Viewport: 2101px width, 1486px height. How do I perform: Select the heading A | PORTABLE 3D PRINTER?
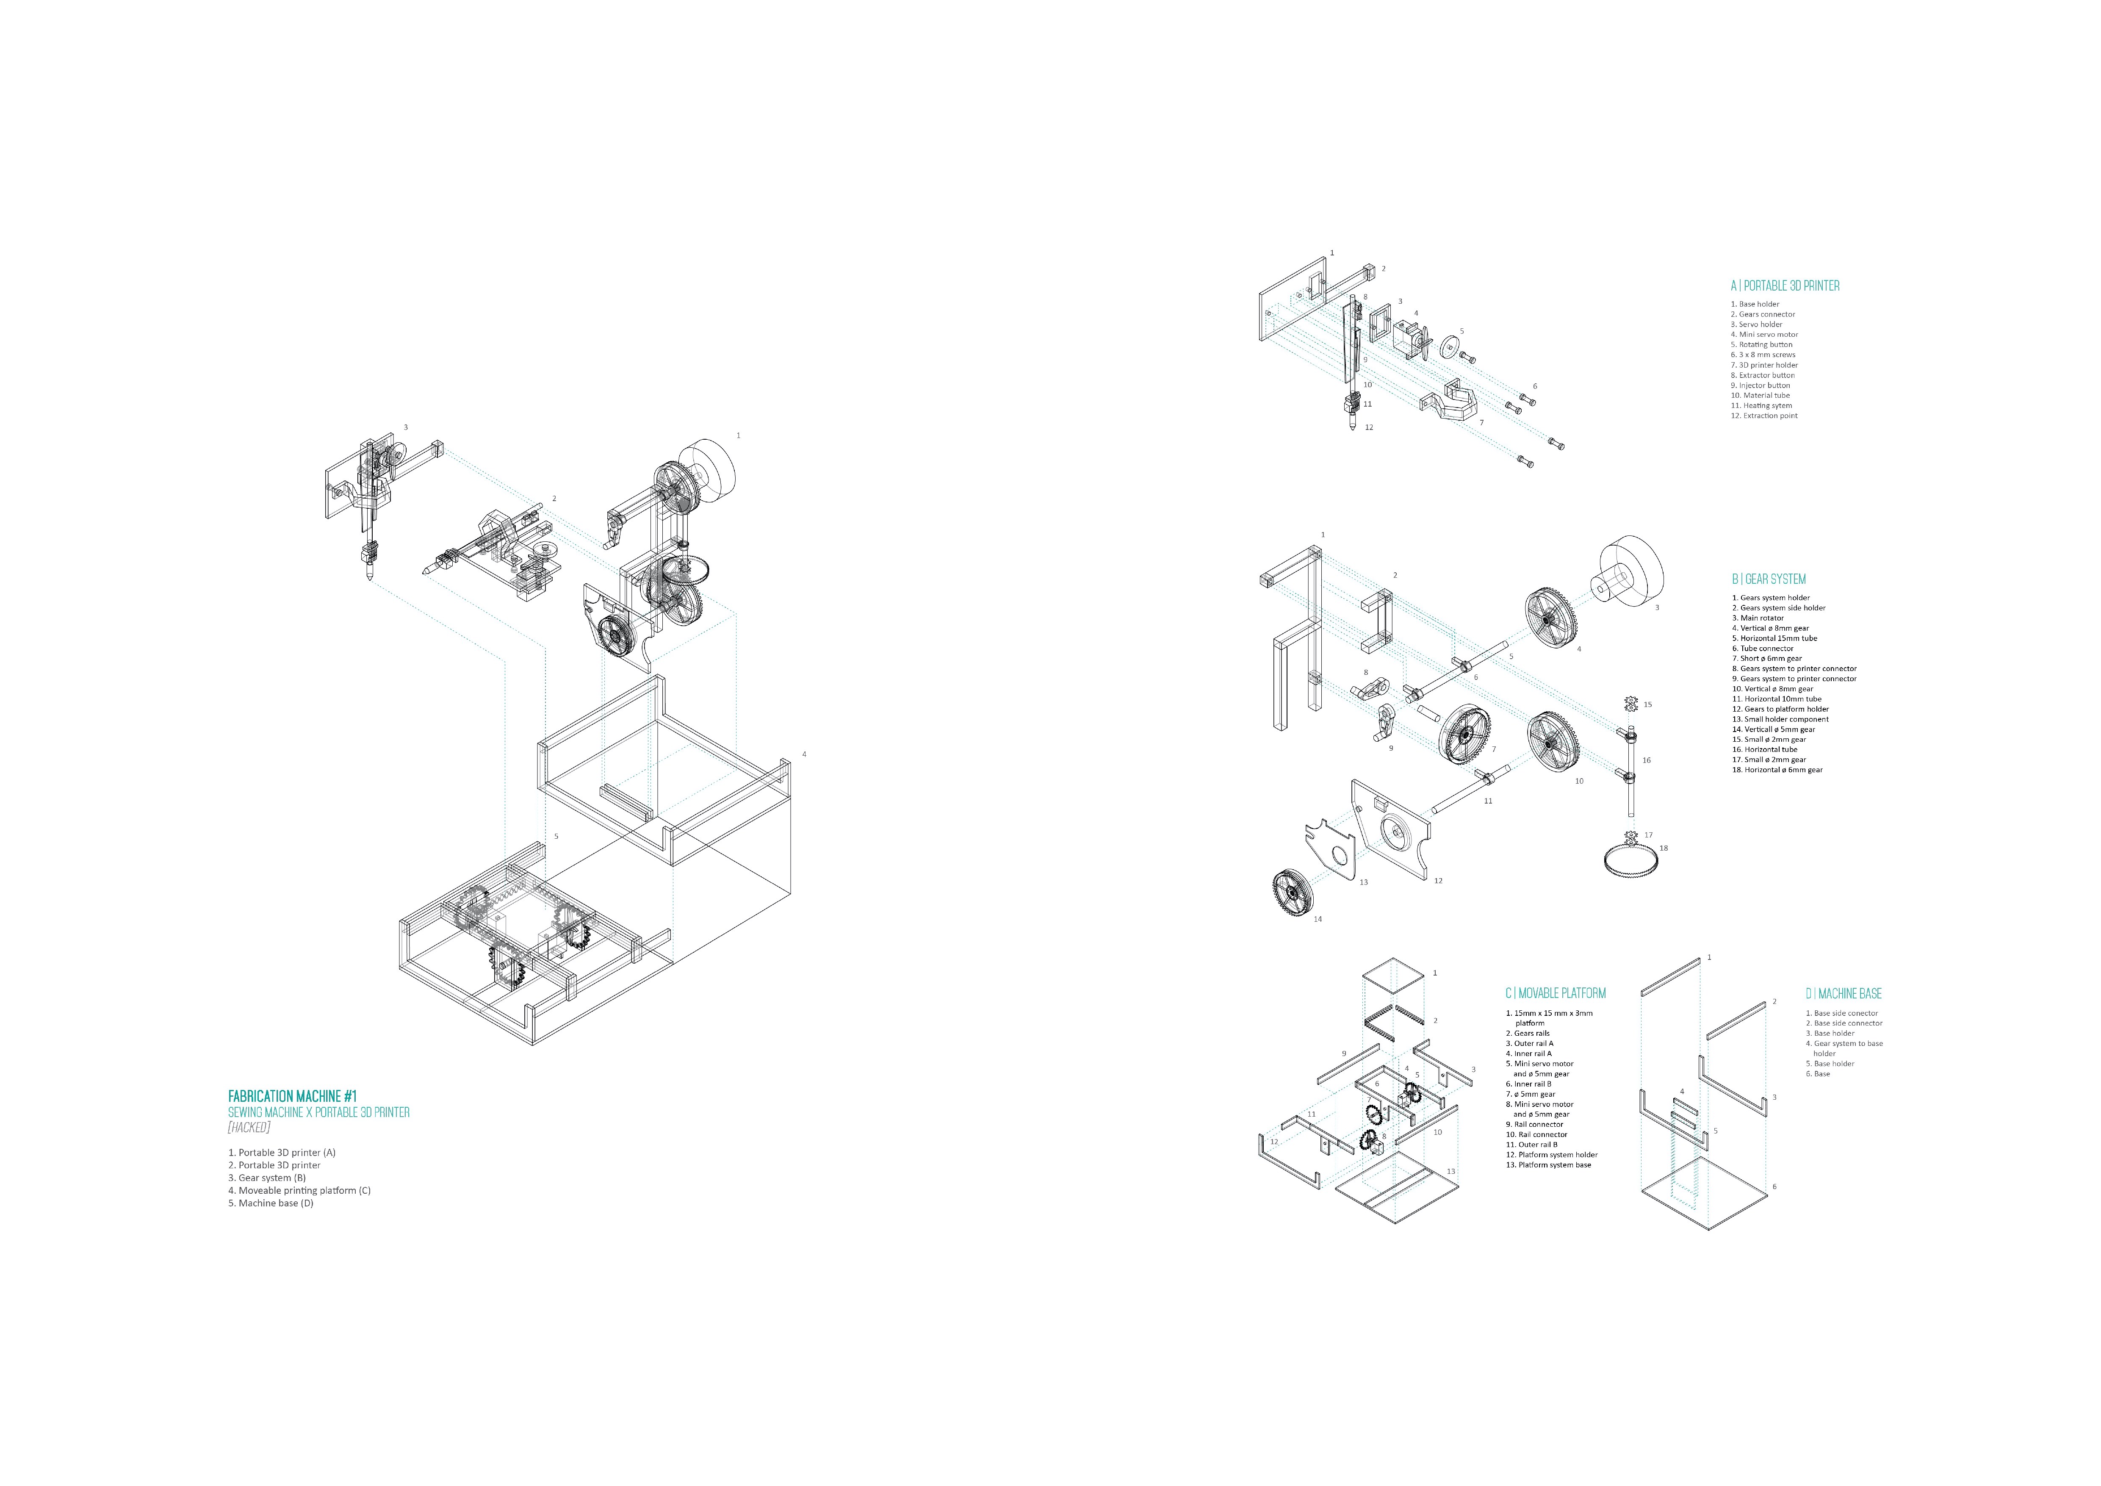(x=1784, y=286)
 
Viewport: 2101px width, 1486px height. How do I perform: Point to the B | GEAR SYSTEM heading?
(x=1768, y=579)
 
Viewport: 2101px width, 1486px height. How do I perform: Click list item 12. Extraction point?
(x=1763, y=416)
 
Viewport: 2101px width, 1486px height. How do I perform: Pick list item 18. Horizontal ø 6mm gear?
(x=1777, y=770)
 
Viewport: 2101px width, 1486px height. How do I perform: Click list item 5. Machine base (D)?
(x=271, y=1203)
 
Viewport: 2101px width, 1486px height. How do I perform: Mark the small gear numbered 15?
(x=1630, y=704)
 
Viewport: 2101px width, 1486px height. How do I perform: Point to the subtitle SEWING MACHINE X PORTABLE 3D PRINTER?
(x=318, y=1112)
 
